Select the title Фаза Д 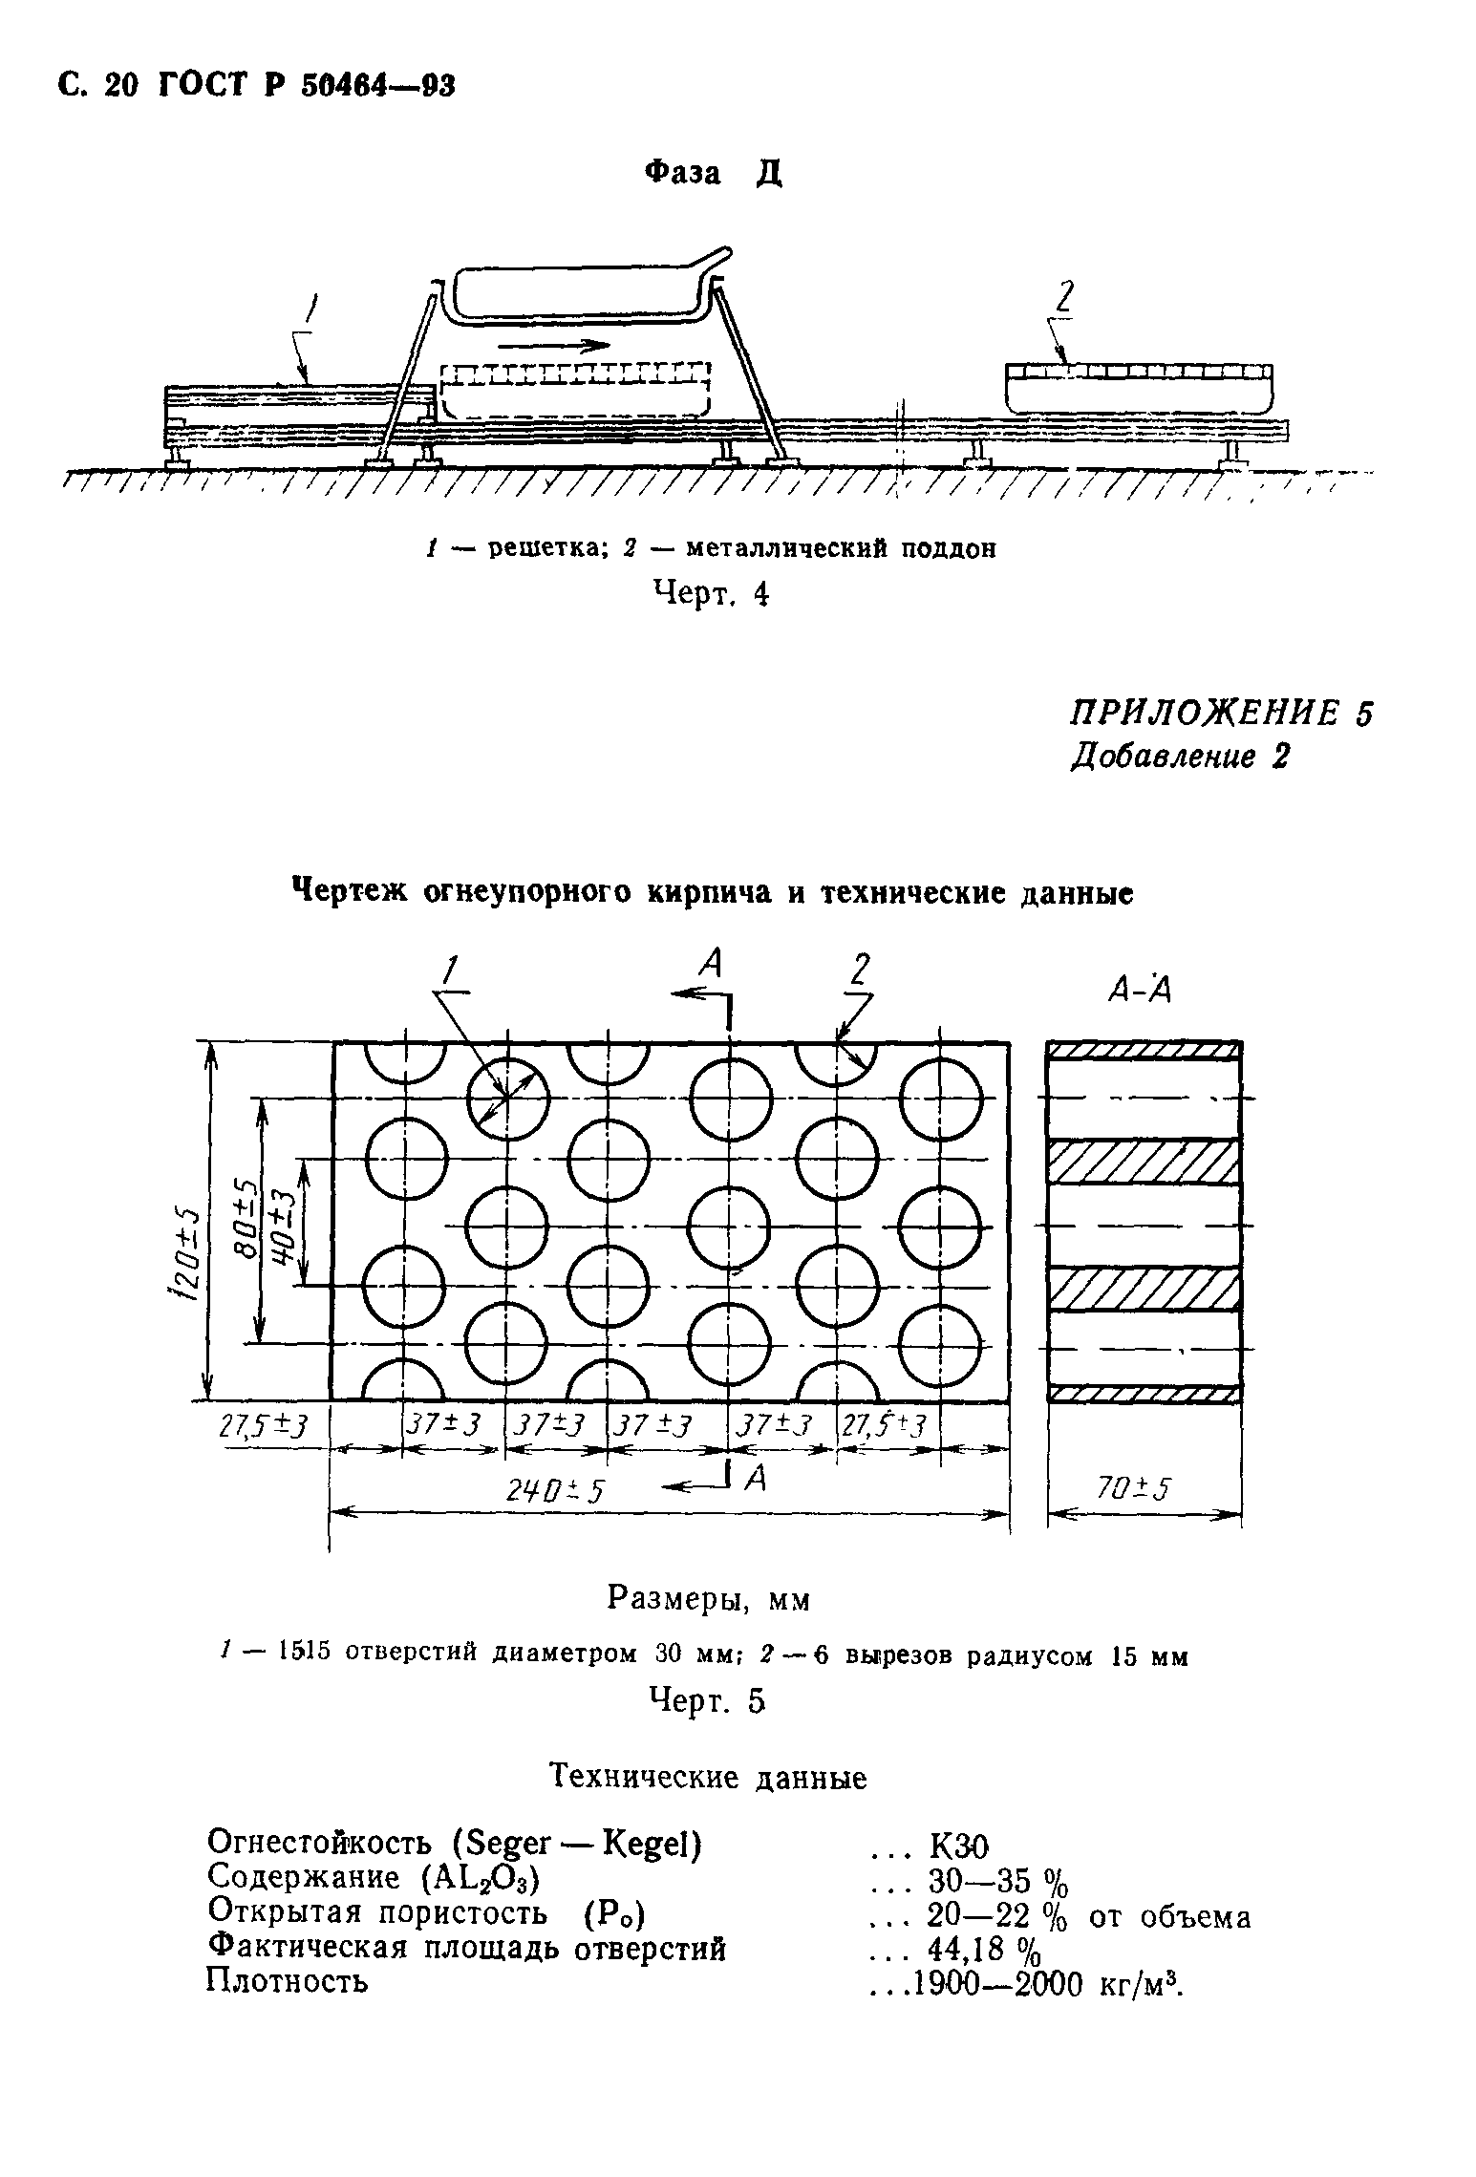713,173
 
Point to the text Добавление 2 1180,757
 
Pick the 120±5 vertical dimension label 187,1253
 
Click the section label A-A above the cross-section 1139,991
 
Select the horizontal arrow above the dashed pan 554,345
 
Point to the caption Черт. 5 707,1699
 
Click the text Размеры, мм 708,1599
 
